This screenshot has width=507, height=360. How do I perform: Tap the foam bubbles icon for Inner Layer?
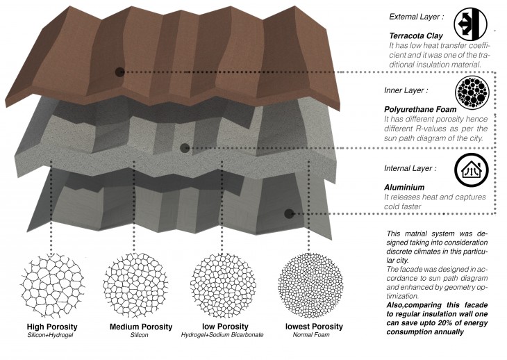(470, 92)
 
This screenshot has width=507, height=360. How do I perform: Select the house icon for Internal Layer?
(470, 170)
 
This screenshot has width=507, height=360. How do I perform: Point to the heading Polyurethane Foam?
(417, 109)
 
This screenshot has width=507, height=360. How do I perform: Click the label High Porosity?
(51, 327)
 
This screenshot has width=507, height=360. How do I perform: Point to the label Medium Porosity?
(141, 327)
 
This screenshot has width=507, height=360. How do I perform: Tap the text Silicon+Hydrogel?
(51, 336)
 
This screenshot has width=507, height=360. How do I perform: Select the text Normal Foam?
(313, 336)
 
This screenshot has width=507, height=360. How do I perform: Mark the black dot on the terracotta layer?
(119, 71)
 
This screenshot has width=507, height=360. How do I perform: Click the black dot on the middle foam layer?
(185, 147)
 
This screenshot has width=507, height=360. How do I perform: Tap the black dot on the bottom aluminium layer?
(289, 213)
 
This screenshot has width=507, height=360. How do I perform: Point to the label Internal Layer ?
(410, 168)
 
